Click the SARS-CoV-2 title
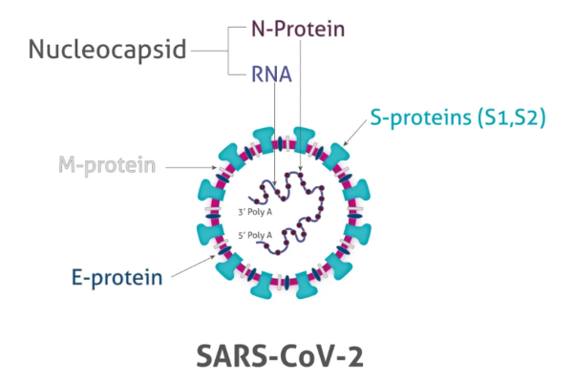coord(284,354)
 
